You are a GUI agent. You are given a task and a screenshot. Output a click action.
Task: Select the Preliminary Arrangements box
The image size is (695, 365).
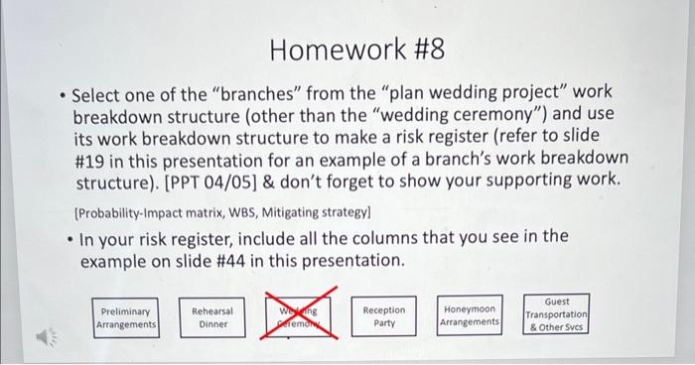[x=126, y=317]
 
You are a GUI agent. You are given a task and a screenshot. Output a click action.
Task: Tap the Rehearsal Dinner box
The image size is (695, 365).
[x=212, y=317]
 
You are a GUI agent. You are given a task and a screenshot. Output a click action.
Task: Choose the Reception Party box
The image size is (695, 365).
[x=383, y=317]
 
